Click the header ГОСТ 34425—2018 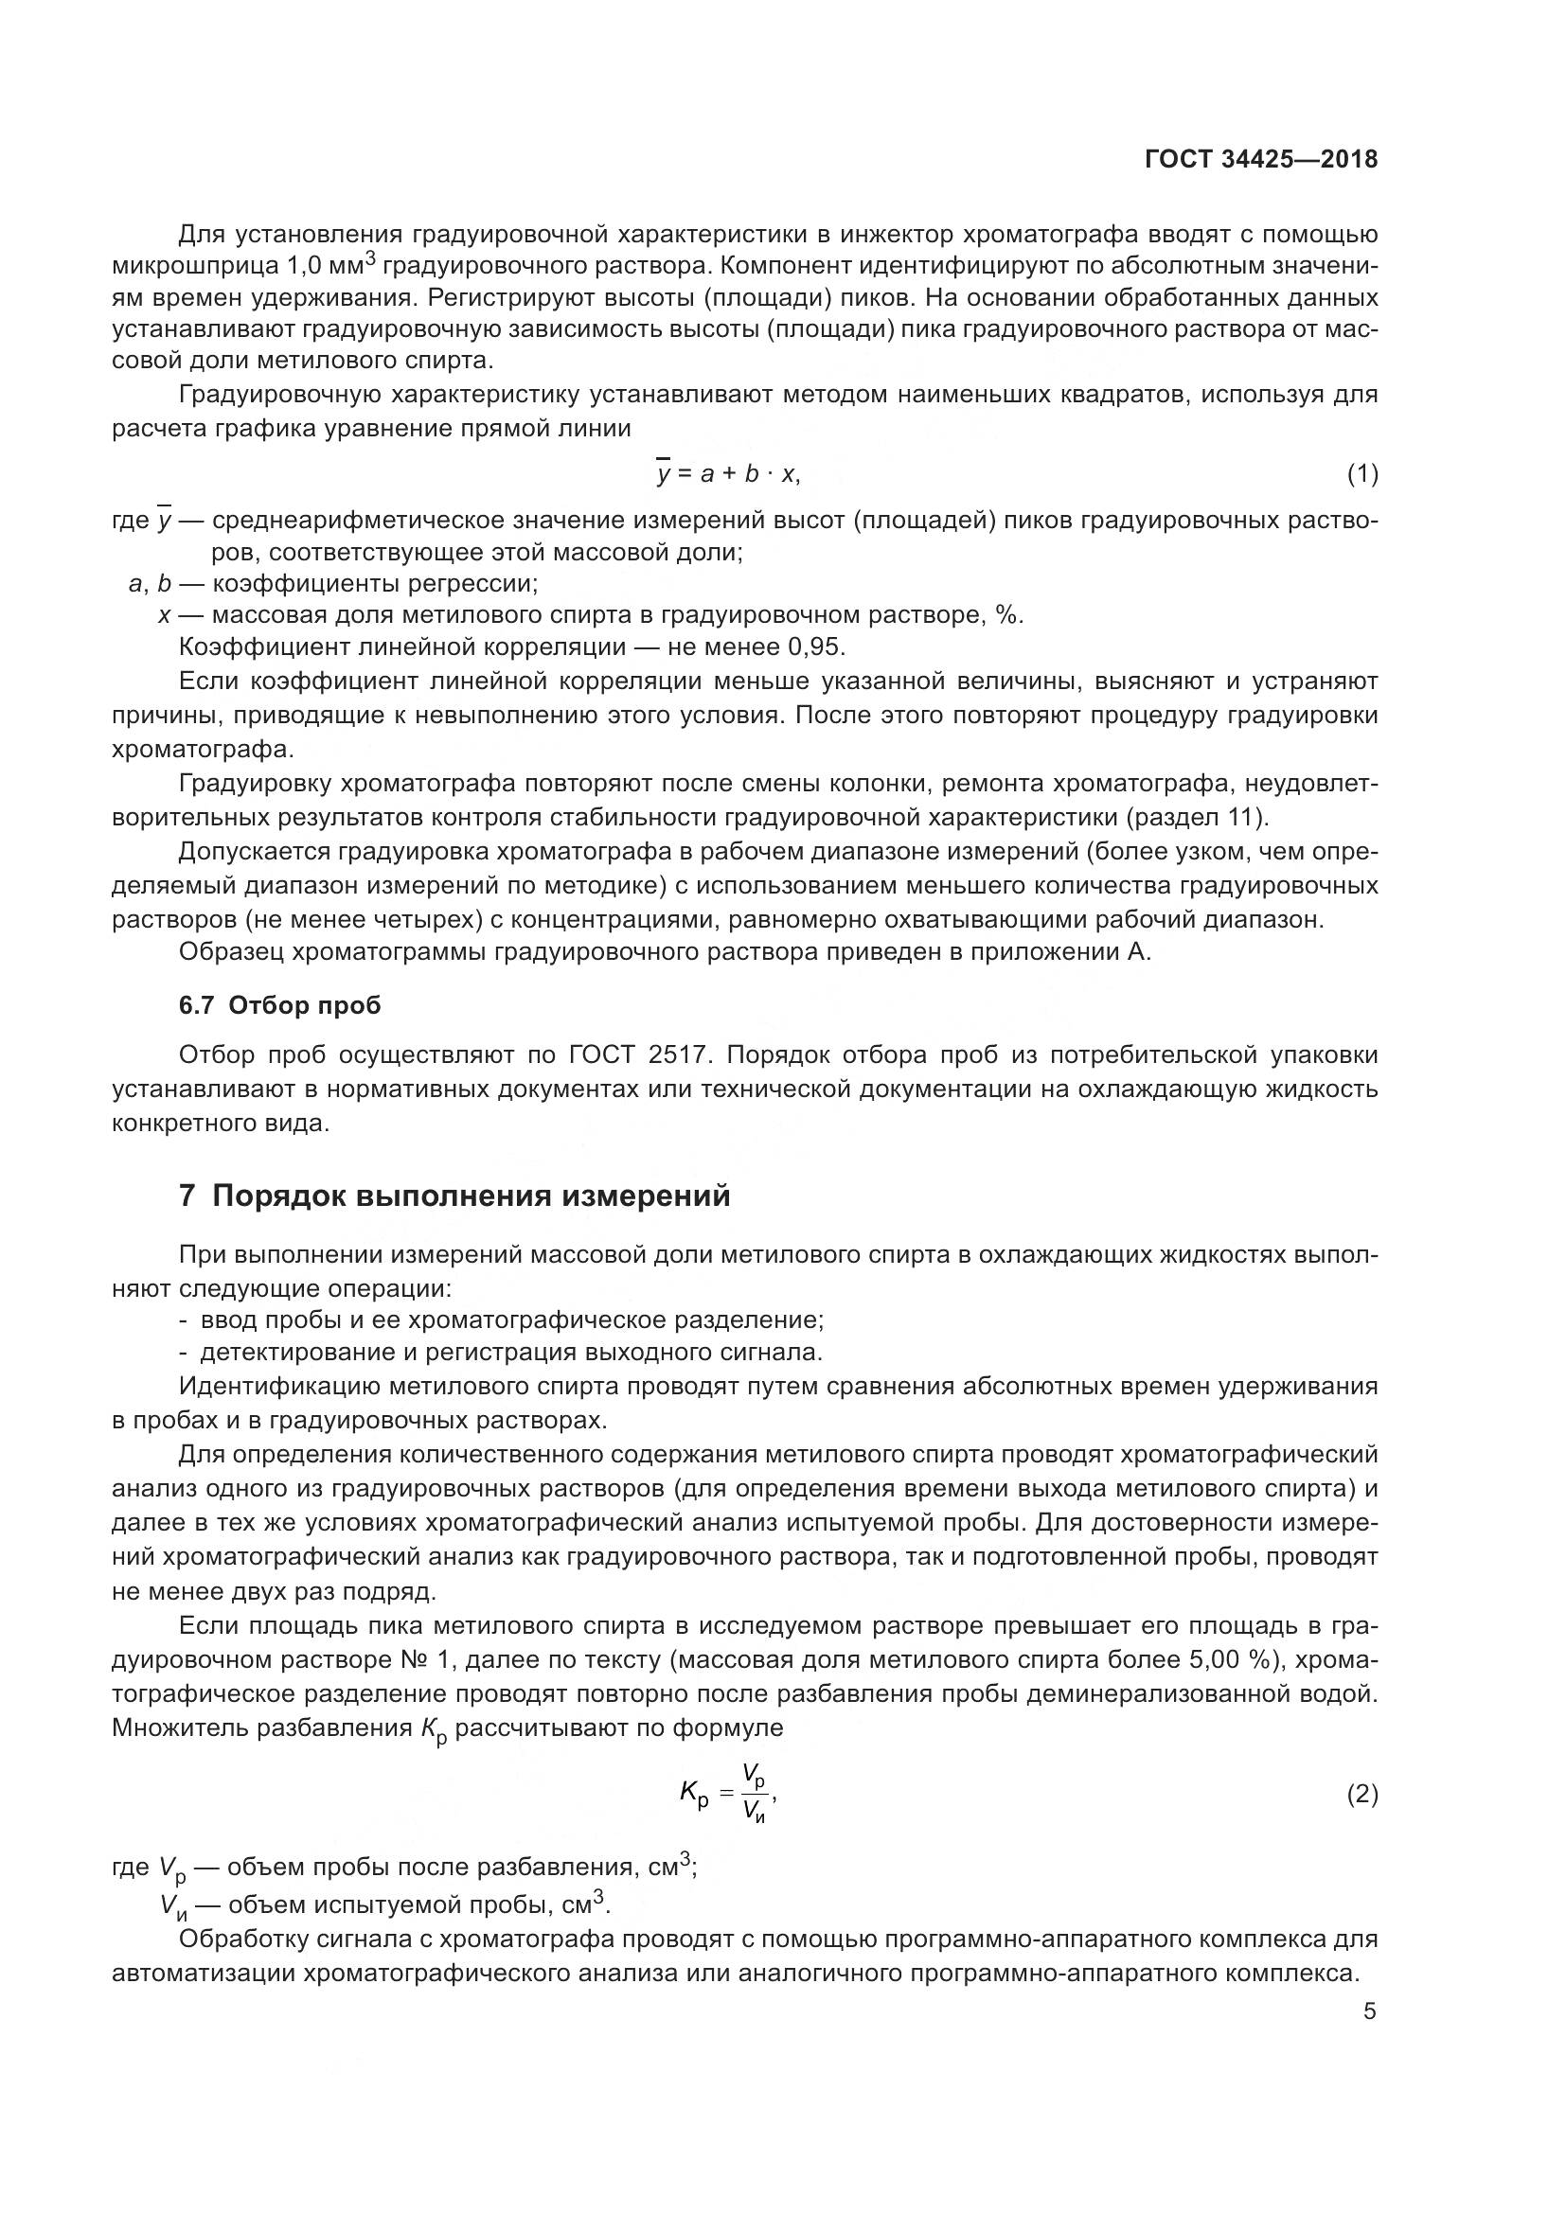1260,160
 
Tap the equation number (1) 1361,473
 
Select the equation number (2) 1361,1795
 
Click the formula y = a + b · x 728,472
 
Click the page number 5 1369,2012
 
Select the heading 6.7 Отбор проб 279,1005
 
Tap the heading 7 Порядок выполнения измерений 454,1196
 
